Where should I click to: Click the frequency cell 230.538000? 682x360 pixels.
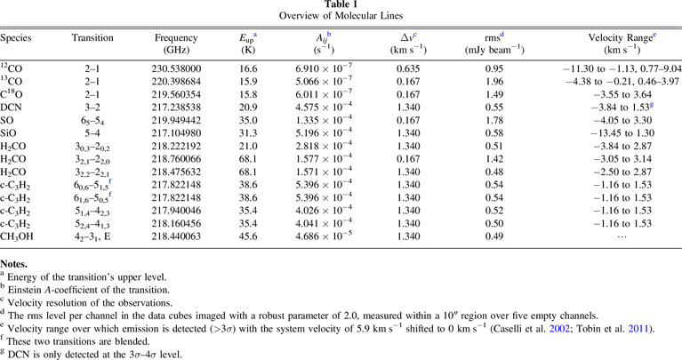pyautogui.click(x=181, y=68)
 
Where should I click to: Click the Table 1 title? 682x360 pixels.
pyautogui.click(x=341, y=5)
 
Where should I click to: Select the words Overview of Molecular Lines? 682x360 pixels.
pyautogui.click(x=341, y=17)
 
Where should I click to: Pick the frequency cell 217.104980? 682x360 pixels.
pyautogui.click(x=181, y=130)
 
